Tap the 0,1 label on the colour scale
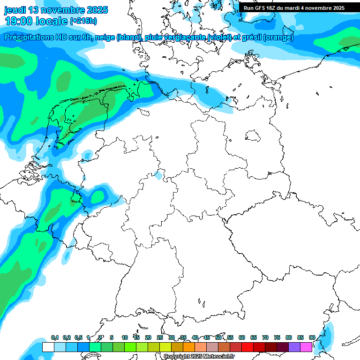54,337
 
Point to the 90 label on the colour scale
312,337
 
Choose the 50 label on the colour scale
218,337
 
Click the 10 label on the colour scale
125,337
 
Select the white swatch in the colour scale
48,347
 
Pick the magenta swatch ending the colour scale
306,347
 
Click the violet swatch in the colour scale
294,347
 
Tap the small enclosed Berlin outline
254,136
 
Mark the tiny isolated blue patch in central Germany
159,175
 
